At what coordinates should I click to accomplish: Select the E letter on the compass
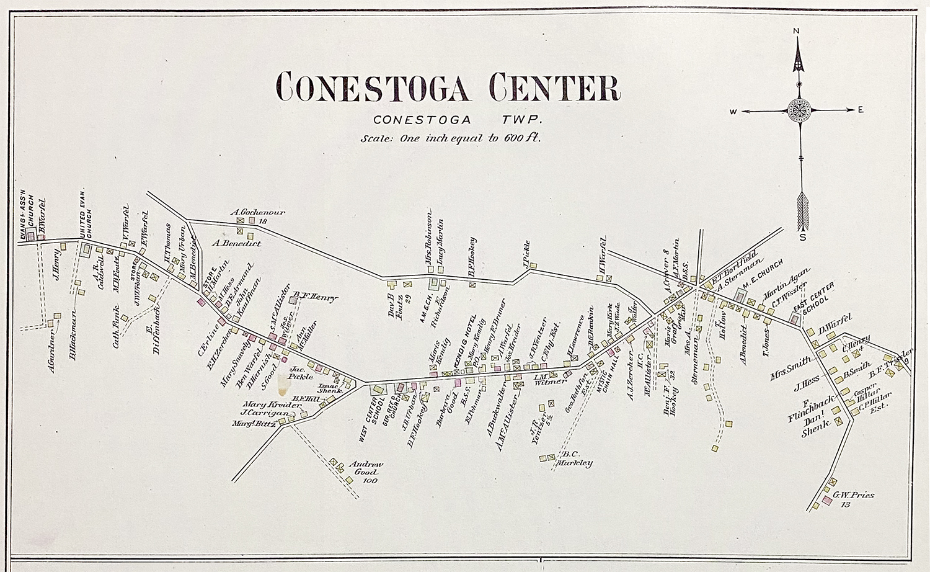tap(861, 110)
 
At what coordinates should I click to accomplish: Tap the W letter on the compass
tap(732, 112)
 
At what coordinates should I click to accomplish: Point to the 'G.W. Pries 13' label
tap(853, 499)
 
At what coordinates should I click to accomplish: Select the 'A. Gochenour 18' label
tap(259, 215)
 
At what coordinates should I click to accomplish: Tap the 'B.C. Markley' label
tap(575, 458)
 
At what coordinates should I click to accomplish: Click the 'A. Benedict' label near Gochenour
tap(236, 243)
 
